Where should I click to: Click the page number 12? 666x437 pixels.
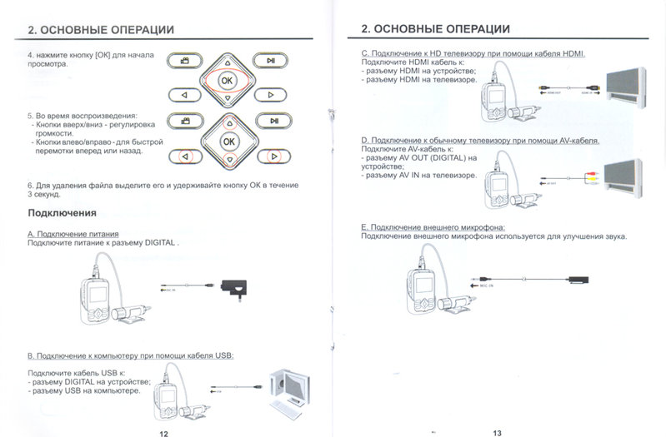pos(163,433)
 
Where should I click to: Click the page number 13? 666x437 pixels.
pos(498,433)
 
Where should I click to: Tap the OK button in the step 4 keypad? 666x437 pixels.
pos(227,80)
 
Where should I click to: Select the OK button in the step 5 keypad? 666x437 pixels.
pos(228,142)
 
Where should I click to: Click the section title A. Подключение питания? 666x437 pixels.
pos(73,234)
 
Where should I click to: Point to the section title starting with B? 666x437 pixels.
pos(131,355)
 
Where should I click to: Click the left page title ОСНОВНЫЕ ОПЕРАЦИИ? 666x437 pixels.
pos(101,30)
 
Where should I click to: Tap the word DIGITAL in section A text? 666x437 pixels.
pos(159,243)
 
